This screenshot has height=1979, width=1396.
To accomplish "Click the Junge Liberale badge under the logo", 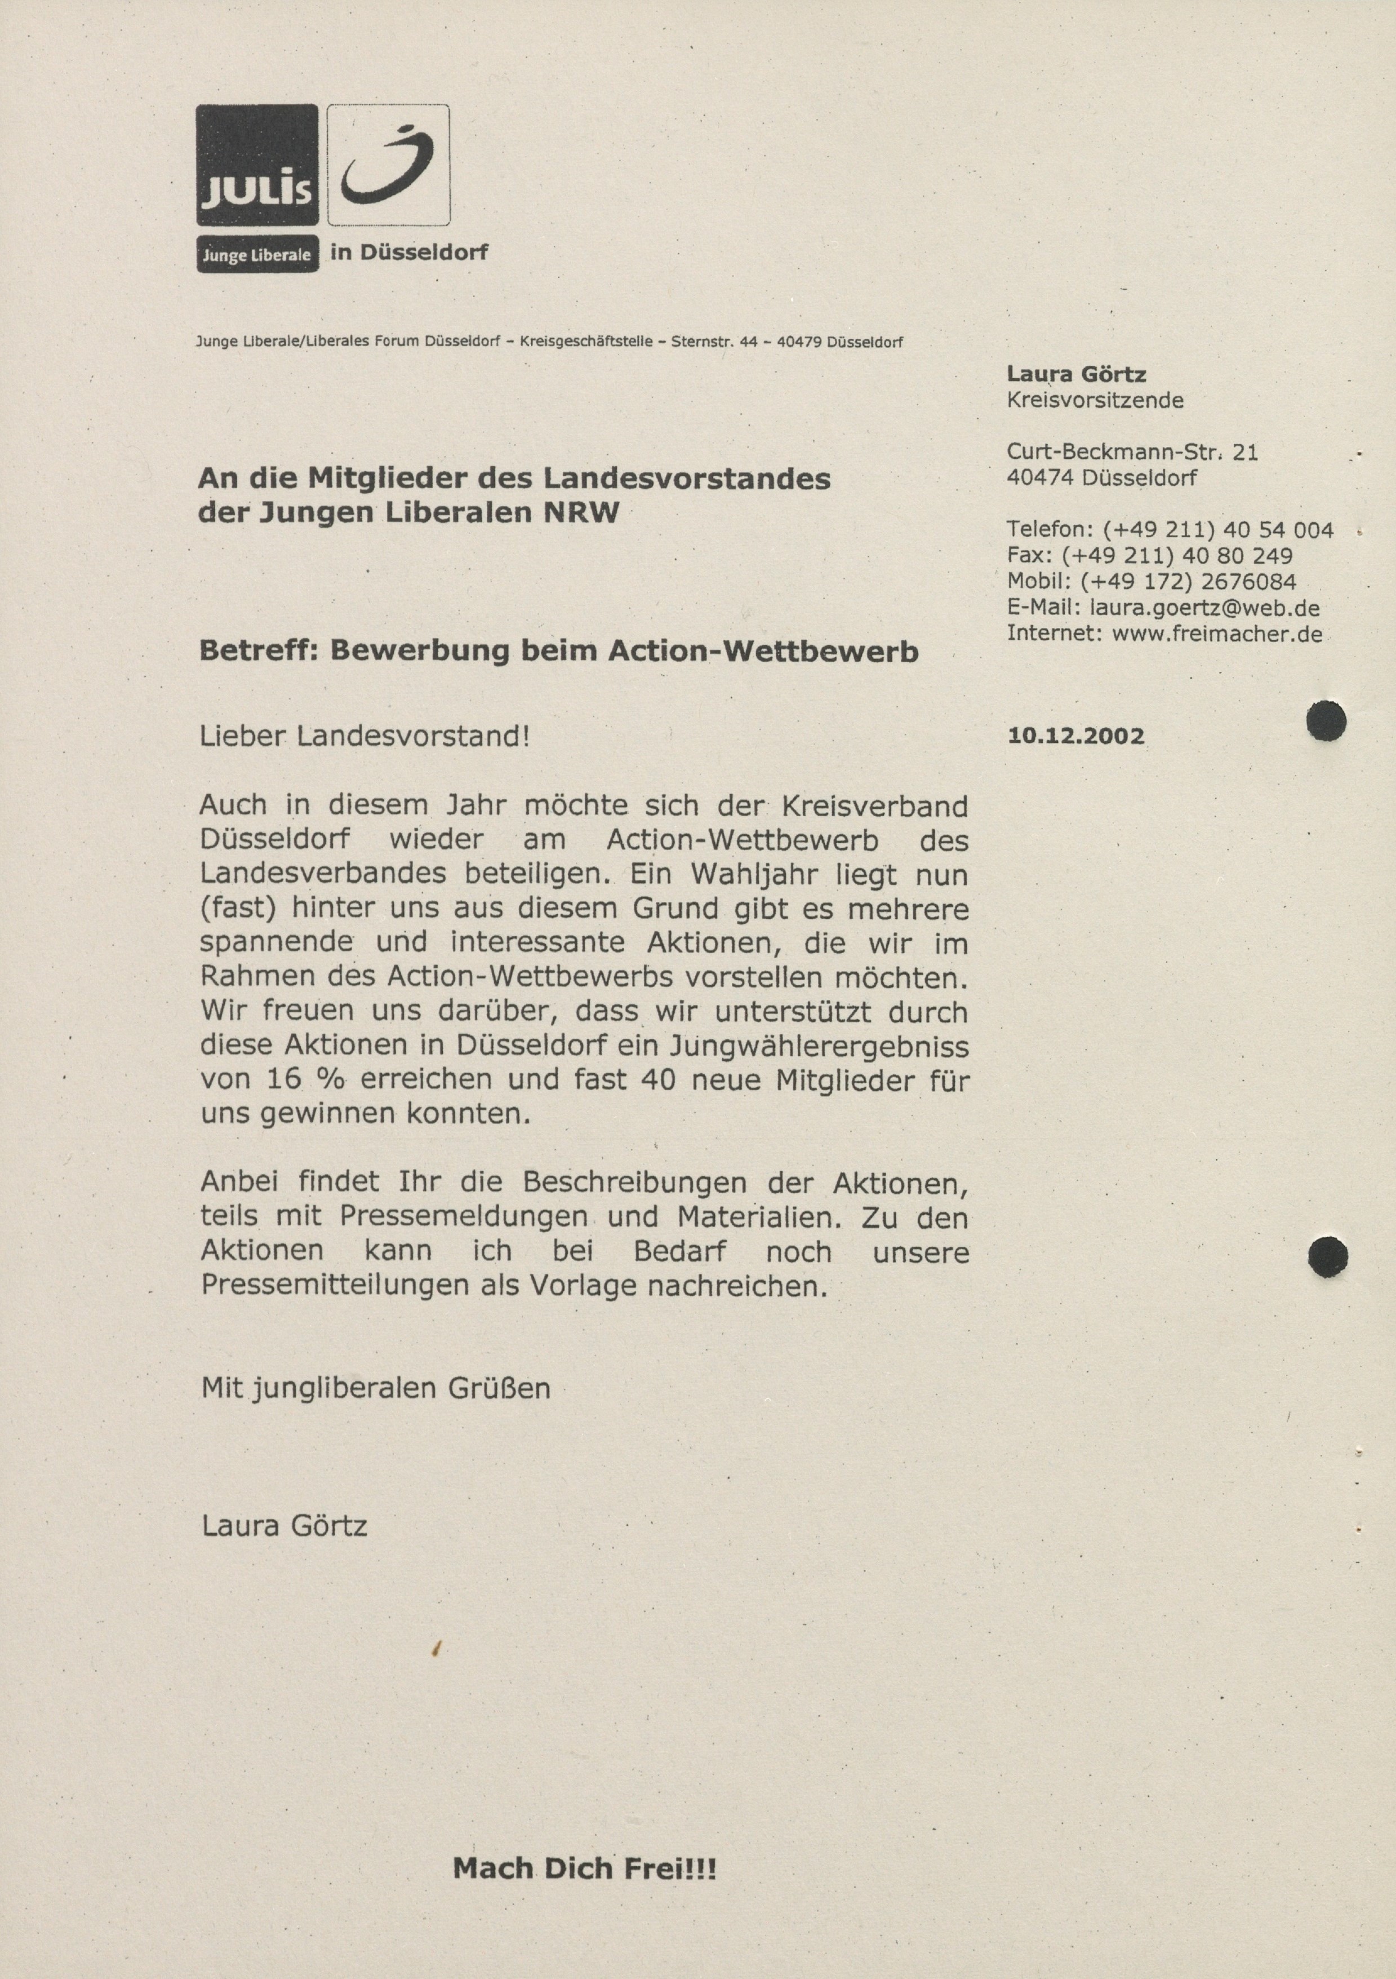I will [257, 254].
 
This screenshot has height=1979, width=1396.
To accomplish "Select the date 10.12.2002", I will [1075, 736].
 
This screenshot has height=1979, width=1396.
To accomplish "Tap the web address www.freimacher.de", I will [1217, 634].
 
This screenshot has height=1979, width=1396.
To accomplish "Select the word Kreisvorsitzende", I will [1095, 400].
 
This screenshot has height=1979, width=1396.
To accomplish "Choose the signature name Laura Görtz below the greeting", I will [284, 1526].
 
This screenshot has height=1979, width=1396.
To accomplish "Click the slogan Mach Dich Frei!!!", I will [584, 1869].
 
